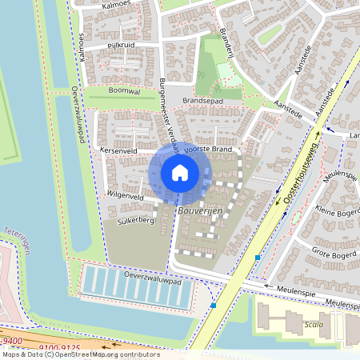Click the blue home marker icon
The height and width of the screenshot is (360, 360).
(180, 173)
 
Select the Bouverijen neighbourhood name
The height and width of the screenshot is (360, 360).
(200, 210)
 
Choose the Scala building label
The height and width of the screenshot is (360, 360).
(314, 325)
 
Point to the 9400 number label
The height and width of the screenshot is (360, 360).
(15, 339)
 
